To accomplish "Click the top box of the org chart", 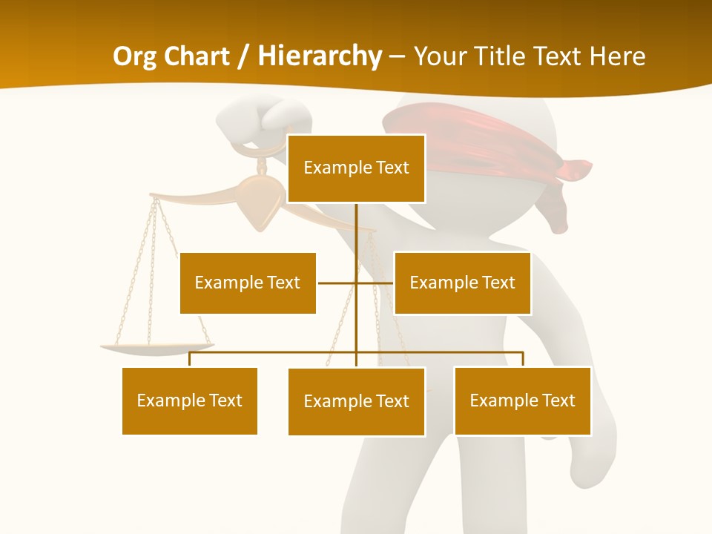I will click(356, 168).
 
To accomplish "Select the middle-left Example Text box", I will click(248, 283).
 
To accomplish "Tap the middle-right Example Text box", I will click(462, 283).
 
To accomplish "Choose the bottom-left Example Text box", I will click(190, 400).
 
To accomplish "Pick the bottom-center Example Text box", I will click(356, 401).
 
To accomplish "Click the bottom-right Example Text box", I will click(522, 400).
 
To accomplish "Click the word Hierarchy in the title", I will click(320, 56).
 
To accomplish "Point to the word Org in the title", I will click(135, 56).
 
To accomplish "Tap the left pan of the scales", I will click(156, 346).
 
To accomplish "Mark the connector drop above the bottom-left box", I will click(190, 359).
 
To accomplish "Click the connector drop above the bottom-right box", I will click(522, 359).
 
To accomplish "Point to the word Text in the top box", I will click(392, 168).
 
